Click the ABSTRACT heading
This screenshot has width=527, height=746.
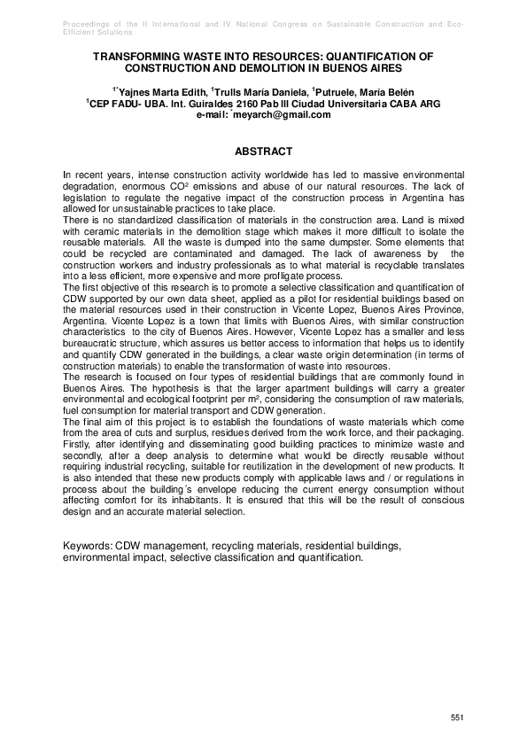pos(263,152)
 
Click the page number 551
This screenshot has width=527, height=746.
pos(457,716)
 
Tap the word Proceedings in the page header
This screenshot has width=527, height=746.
pos(90,19)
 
